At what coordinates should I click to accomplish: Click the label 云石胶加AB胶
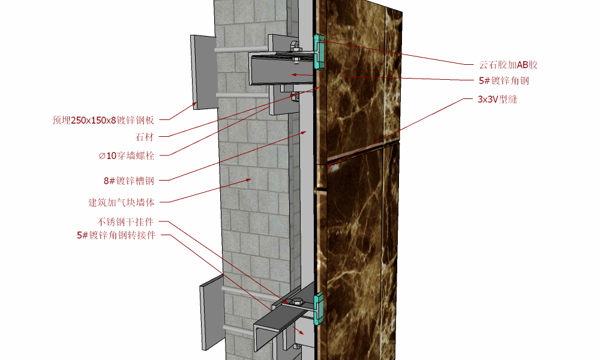pos(508,64)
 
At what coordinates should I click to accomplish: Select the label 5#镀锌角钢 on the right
pos(503,80)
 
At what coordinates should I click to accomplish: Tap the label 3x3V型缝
pos(497,100)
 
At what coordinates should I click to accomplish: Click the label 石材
pos(144,137)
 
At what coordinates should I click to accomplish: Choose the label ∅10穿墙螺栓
pos(127,156)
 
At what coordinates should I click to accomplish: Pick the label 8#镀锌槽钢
pos(129,180)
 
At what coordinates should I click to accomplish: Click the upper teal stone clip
pos(319,50)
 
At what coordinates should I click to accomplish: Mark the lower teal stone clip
pos(319,307)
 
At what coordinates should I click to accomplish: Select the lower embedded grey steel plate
pos(211,315)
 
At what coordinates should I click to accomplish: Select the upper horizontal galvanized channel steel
pos(282,68)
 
